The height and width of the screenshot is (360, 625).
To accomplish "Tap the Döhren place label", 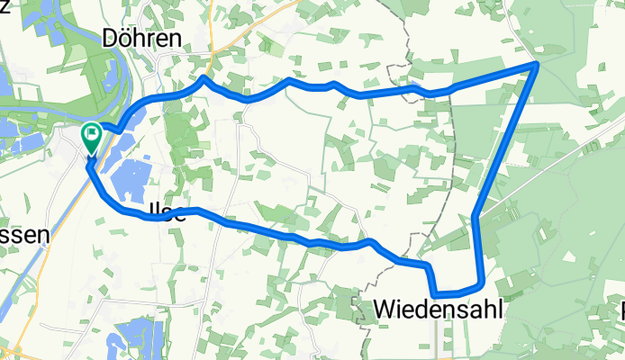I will pyautogui.click(x=142, y=39).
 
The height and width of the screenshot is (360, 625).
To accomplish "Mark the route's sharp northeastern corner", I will pyautogui.click(x=537, y=65).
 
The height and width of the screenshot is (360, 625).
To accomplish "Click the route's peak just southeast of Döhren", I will pyautogui.click(x=204, y=79).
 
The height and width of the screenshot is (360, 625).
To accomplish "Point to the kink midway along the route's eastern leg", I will pyautogui.click(x=474, y=215).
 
